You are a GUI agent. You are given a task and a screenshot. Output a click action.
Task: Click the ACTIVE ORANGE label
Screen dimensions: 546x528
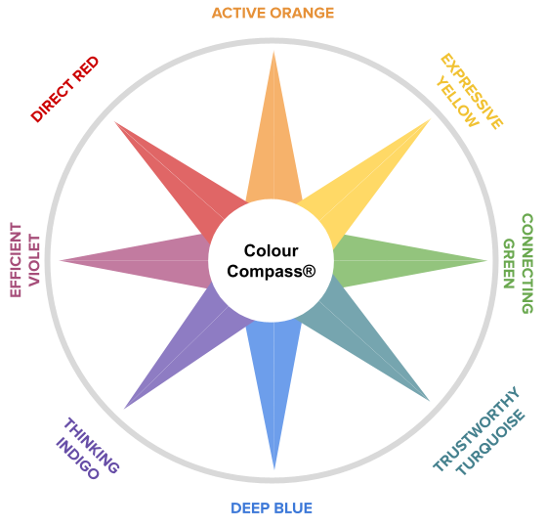(273, 14)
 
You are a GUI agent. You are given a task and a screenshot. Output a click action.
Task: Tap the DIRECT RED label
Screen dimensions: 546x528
(65, 89)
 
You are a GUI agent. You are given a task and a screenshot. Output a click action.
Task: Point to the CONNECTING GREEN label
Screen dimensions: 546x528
(518, 263)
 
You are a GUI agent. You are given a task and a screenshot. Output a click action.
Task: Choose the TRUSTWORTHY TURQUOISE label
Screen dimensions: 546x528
(479, 431)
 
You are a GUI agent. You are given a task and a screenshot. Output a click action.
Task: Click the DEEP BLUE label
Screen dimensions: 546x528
(272, 508)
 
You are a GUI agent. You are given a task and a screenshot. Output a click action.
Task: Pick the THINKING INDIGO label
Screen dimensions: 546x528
(88, 449)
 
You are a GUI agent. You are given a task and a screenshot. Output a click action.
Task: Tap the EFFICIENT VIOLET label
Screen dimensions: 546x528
(24, 260)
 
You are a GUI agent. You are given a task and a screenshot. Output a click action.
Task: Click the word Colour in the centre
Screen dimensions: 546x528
(271, 250)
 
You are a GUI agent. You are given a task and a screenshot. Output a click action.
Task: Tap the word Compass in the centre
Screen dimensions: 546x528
(265, 272)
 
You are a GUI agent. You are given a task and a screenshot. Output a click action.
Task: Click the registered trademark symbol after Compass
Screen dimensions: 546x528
(310, 271)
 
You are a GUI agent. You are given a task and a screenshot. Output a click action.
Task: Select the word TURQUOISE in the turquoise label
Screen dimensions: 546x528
(490, 443)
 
